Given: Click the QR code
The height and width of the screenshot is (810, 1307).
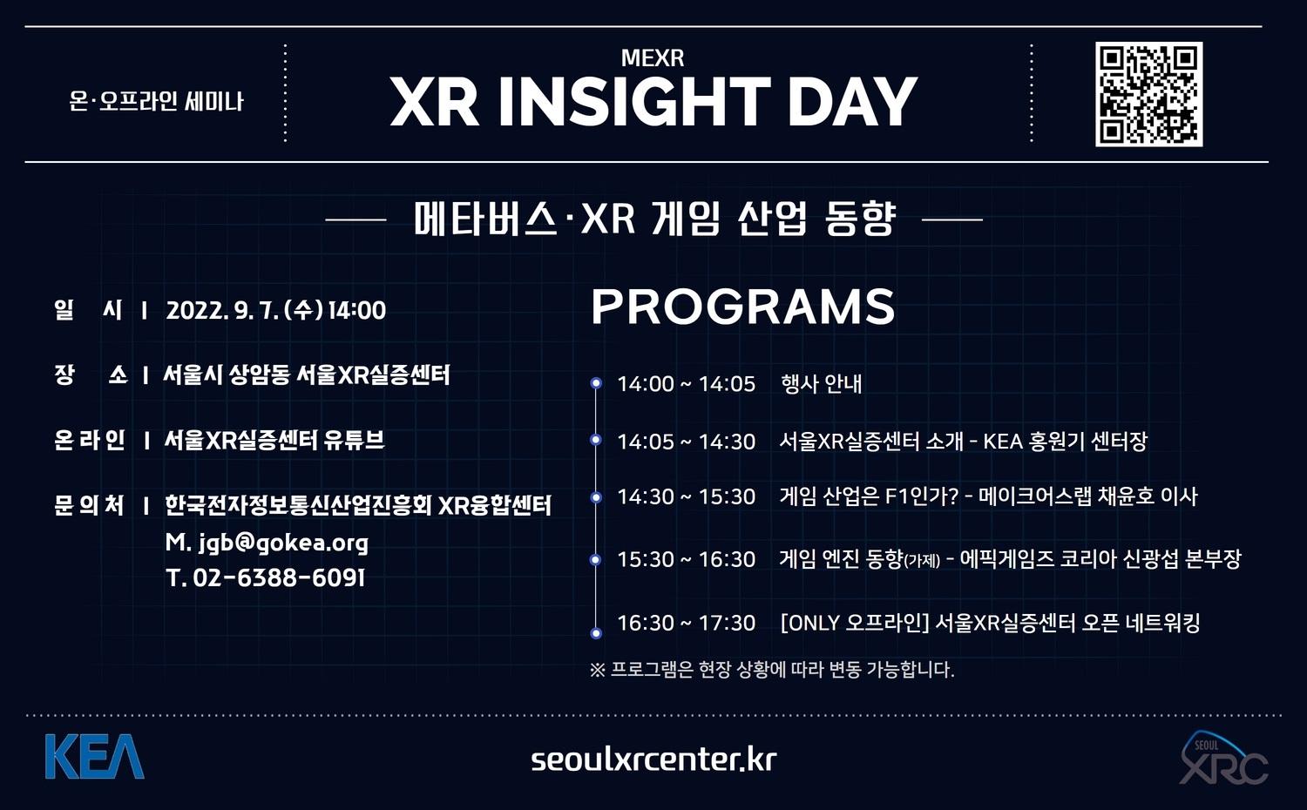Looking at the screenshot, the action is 1148,94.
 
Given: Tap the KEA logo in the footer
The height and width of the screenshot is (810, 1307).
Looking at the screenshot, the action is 94,756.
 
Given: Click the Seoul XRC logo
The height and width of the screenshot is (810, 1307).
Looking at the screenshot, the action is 1223,758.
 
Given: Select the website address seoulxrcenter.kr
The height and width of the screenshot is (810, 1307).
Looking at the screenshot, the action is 653,759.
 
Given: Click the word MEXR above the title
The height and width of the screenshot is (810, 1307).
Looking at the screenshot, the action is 653,57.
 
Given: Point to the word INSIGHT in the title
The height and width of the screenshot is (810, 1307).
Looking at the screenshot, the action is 634,102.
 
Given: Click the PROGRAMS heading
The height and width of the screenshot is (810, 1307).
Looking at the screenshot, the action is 742,307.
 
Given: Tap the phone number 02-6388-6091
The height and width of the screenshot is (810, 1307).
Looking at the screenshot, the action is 279,578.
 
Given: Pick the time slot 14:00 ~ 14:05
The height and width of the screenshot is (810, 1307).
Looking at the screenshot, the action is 687,384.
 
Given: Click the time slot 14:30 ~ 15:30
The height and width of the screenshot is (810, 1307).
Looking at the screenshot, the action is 687,496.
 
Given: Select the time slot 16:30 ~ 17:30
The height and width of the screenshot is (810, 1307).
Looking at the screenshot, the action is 687,623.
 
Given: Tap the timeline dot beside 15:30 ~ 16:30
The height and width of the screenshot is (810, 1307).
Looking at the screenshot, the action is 596,560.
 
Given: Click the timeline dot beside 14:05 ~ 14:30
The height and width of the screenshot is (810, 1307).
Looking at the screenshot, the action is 596,440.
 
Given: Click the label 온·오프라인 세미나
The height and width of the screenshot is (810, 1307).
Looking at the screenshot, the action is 156,102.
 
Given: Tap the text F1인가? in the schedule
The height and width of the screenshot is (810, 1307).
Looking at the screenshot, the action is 922,496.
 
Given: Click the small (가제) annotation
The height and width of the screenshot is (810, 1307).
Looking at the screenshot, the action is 922,561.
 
